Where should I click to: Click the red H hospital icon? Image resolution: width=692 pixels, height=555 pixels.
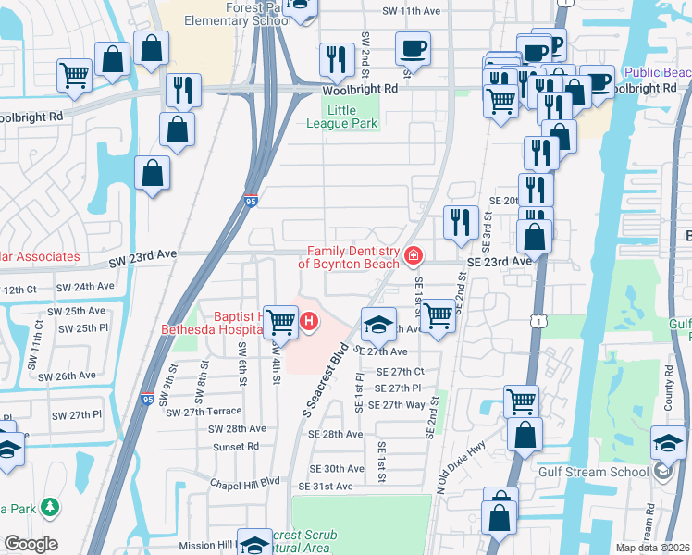[309, 322]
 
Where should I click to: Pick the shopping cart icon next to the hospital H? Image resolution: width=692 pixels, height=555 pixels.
[279, 322]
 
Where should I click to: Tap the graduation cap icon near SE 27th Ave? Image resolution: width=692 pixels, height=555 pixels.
[378, 325]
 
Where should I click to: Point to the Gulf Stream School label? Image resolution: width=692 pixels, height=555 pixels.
[593, 472]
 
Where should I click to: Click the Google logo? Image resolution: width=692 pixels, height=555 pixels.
[31, 544]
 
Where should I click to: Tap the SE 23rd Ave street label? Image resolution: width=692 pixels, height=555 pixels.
[500, 262]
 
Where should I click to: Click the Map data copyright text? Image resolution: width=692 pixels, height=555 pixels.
[653, 547]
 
